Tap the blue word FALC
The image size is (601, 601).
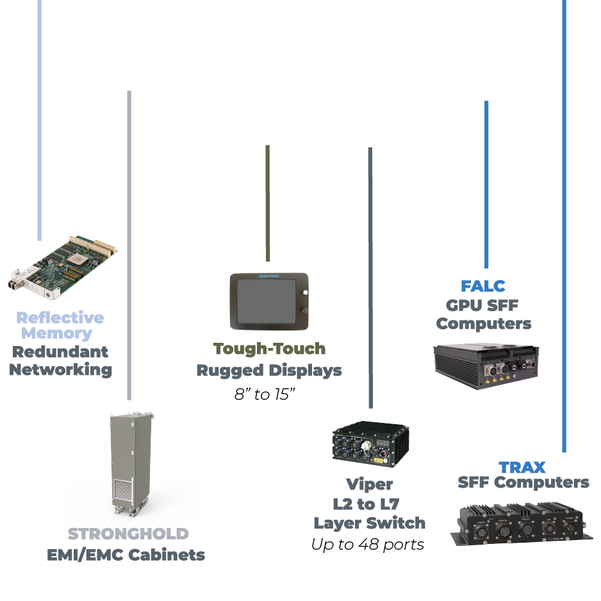(483, 286)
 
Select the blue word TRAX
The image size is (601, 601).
(522, 466)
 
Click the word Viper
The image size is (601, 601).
(370, 484)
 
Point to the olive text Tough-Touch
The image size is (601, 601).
(269, 349)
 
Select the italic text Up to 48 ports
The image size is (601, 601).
(368, 545)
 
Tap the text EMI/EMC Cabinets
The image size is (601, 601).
(126, 555)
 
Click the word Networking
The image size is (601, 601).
(61, 370)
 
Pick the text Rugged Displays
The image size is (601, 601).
(269, 370)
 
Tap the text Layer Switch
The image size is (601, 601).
(369, 523)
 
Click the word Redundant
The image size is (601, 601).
(61, 352)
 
